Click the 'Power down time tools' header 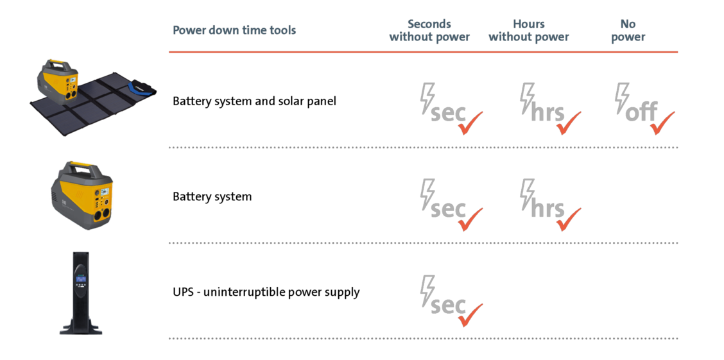(x=234, y=30)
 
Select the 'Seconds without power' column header (x=429, y=30)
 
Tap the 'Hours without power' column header (x=529, y=30)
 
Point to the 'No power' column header (x=628, y=30)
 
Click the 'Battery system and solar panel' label (x=254, y=101)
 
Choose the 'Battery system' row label (x=212, y=196)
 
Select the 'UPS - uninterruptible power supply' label (x=266, y=292)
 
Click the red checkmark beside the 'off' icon (x=662, y=123)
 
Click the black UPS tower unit (x=81, y=293)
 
